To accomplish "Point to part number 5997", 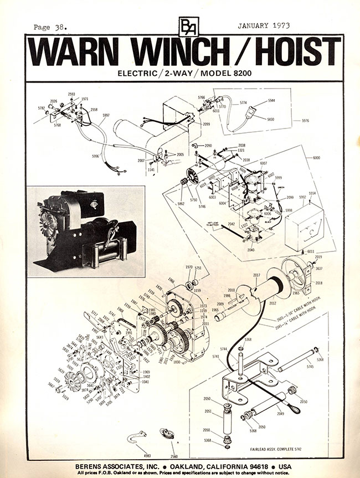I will pos(106,115).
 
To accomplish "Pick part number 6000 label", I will pos(316,158).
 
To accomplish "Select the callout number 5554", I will pos(313,193).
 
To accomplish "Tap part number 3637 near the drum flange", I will pos(318,269).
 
